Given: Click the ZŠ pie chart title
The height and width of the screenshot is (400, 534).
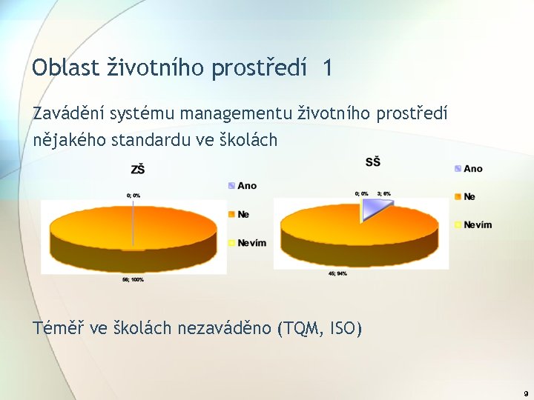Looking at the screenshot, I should tap(137, 170).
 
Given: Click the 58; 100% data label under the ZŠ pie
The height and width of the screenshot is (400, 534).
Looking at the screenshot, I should tap(133, 279).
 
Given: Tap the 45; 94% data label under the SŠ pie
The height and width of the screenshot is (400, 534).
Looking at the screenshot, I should tap(337, 273).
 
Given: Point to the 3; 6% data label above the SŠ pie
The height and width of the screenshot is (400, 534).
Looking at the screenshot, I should tap(383, 193).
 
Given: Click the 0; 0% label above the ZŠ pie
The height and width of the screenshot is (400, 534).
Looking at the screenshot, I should tap(133, 195).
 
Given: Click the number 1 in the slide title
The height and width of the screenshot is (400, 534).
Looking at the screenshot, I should tap(328, 68).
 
